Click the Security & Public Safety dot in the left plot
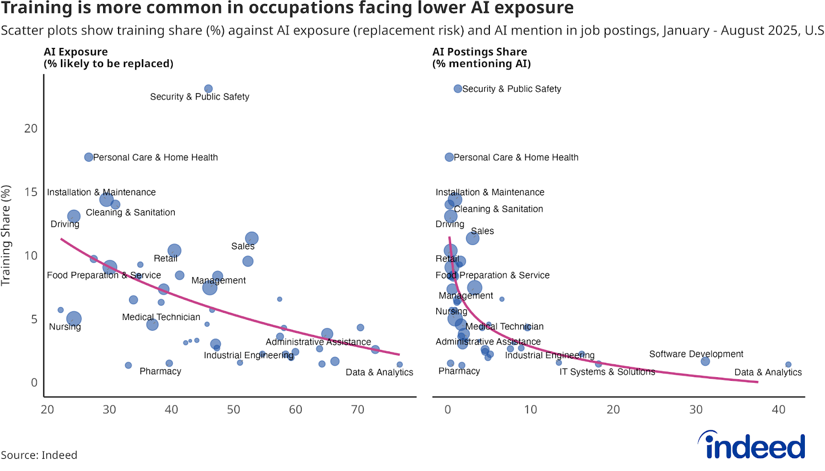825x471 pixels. [x=208, y=89]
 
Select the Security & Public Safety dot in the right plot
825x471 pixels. [x=457, y=89]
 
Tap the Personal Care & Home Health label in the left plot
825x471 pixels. [x=155, y=157]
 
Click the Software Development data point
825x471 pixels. [x=705, y=361]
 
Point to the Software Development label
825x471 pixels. [x=696, y=354]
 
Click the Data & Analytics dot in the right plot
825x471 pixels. [x=788, y=364]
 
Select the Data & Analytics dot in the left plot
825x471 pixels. [x=400, y=364]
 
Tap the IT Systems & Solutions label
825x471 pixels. [x=607, y=372]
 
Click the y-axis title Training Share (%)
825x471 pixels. [x=6, y=235]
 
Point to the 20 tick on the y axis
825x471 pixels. [x=31, y=128]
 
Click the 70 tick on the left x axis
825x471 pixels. [x=357, y=410]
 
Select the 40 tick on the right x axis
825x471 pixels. [x=779, y=410]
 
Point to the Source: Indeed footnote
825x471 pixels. [x=39, y=455]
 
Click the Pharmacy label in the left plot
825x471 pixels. [x=160, y=371]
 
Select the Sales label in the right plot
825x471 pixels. [x=482, y=231]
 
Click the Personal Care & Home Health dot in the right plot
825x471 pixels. [x=449, y=157]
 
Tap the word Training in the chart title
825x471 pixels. [x=37, y=8]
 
